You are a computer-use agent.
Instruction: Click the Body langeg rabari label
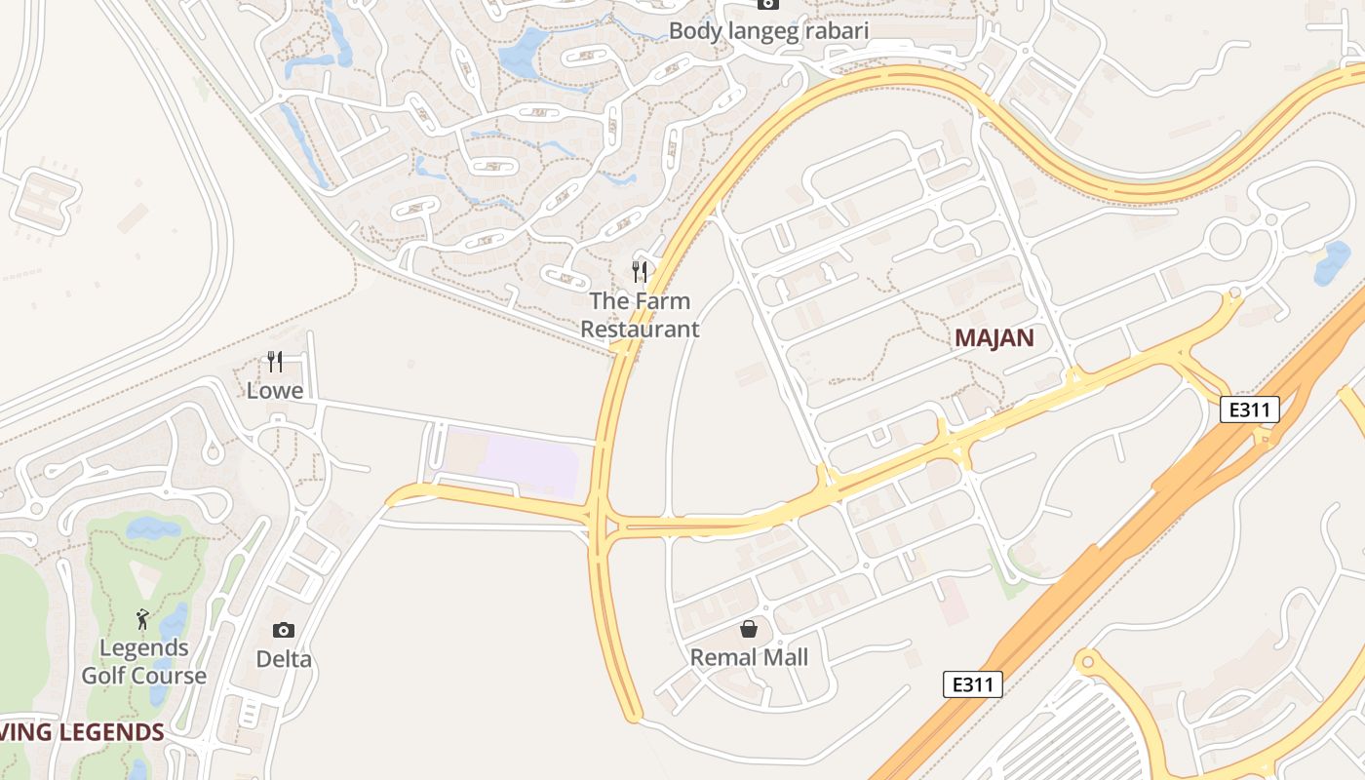pos(768,31)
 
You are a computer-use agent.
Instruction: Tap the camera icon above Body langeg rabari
pos(768,4)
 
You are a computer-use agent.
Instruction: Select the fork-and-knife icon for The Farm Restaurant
pos(640,272)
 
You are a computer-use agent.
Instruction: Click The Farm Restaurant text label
pos(640,315)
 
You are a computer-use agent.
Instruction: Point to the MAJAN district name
pos(994,338)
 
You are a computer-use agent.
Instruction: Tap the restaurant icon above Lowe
pos(275,363)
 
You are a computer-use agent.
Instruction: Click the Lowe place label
pos(275,391)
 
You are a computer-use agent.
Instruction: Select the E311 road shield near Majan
pos(1249,409)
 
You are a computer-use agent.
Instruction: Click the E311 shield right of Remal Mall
pos(973,684)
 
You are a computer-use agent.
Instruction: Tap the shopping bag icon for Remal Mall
pos(749,629)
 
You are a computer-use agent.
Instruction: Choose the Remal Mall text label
pos(749,657)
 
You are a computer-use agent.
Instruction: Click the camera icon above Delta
pos(284,631)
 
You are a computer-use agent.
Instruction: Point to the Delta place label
pos(284,659)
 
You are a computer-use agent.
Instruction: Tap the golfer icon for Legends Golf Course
pos(143,619)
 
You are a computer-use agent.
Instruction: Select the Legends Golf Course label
pos(144,662)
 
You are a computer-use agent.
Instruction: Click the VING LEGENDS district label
pos(82,732)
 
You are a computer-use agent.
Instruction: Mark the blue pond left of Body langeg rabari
pos(525,54)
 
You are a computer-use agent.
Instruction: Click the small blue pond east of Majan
pos(1332,262)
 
